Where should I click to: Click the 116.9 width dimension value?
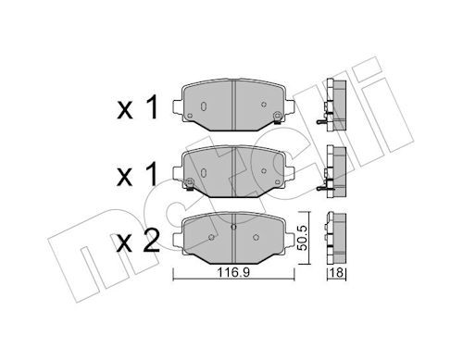pyautogui.click(x=233, y=273)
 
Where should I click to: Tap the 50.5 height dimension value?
pyautogui.click(x=304, y=238)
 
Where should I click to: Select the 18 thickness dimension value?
pyautogui.click(x=336, y=273)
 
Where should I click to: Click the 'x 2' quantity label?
pyautogui.click(x=138, y=242)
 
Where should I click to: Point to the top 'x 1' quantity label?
pyautogui.click(x=138, y=107)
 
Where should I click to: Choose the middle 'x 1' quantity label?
pyautogui.click(x=138, y=175)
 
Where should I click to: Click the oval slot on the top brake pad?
pyautogui.click(x=204, y=106)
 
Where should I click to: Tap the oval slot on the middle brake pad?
pyautogui.click(x=204, y=173)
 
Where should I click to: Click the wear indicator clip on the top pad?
pyautogui.click(x=277, y=118)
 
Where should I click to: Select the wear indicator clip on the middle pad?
pyautogui.click(x=190, y=184)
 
